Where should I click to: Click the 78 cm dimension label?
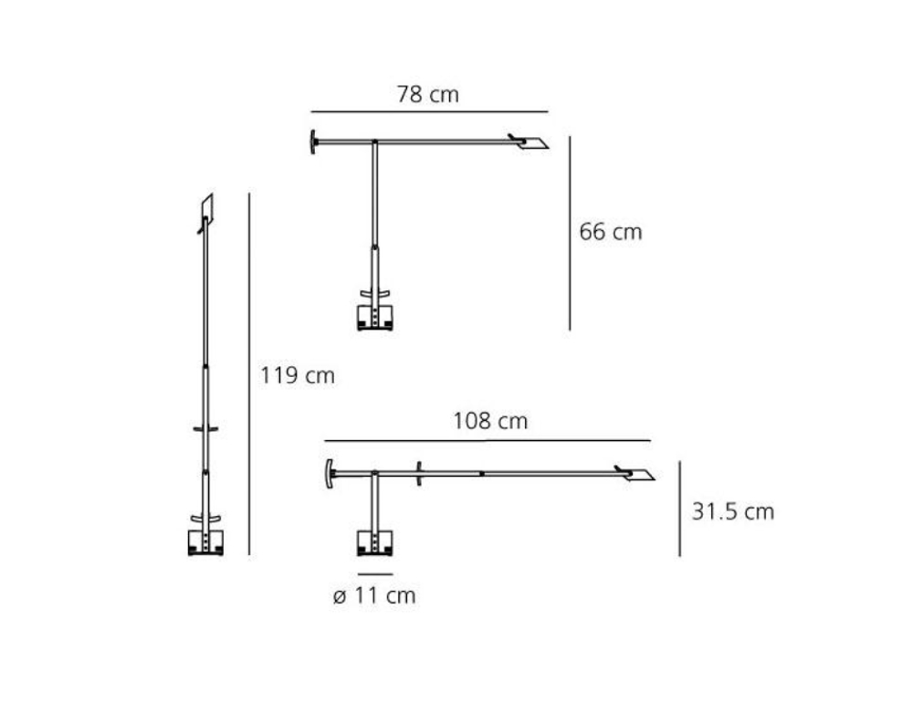click(x=428, y=94)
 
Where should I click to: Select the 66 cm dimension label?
click(x=610, y=232)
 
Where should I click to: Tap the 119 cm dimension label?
click(x=298, y=375)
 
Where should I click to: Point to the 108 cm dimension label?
click(x=490, y=421)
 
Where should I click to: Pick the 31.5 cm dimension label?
click(x=733, y=512)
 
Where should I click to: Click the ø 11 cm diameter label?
click(x=374, y=595)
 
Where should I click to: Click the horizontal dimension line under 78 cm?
click(x=430, y=111)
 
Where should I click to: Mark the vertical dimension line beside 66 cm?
click(x=570, y=234)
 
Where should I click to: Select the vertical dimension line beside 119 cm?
click(x=249, y=373)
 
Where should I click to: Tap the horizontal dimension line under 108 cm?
click(x=488, y=441)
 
